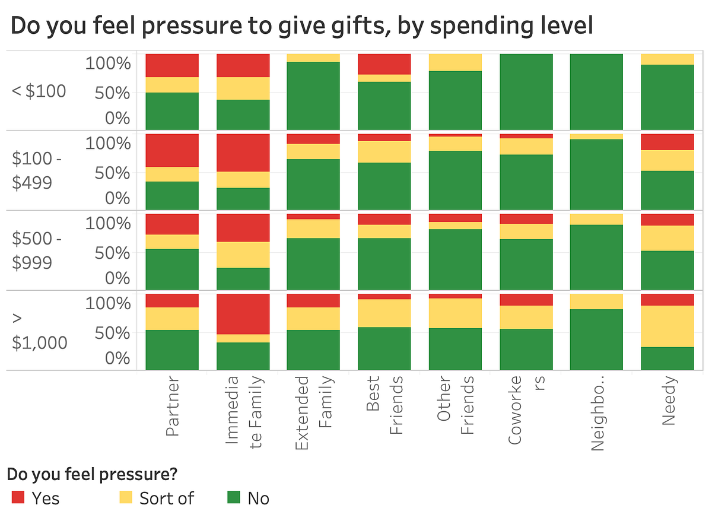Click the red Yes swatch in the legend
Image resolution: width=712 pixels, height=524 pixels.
click(18, 497)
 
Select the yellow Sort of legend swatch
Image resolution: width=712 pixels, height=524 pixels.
click(126, 497)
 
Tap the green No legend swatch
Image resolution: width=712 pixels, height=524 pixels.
click(234, 497)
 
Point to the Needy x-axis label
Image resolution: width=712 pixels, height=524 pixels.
click(669, 402)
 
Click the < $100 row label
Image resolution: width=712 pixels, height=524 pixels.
click(39, 91)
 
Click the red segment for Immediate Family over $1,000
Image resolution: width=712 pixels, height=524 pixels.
click(243, 314)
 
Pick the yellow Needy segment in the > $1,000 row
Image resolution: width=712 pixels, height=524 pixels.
click(667, 326)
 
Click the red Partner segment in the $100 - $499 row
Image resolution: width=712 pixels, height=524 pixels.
click(172, 151)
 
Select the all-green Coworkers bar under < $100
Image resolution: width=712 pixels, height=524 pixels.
click(526, 91)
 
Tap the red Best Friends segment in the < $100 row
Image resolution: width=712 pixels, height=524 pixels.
click(384, 64)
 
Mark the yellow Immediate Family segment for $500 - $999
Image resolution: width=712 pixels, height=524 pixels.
click(243, 255)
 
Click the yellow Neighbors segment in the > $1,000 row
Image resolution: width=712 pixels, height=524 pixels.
click(596, 301)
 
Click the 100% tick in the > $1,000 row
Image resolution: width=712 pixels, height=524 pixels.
click(107, 303)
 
